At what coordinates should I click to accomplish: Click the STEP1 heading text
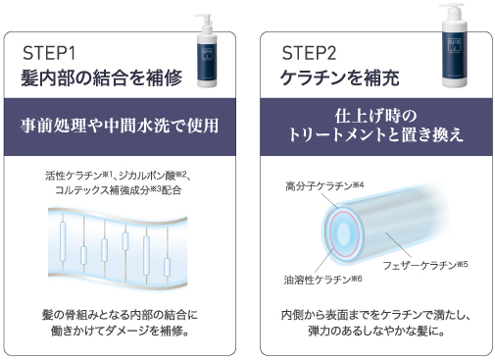point(49,53)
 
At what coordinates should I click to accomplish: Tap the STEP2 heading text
point(309,53)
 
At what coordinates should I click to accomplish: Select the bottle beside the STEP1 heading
point(207,51)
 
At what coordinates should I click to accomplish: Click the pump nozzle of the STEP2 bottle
point(452,7)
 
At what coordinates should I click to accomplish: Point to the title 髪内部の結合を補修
point(102,78)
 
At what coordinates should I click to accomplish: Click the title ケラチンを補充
point(340,78)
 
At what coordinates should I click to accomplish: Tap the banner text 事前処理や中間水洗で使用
point(120,126)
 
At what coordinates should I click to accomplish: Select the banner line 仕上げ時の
point(375,116)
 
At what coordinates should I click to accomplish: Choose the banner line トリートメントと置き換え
point(375,134)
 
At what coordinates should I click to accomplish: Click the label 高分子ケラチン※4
point(324,186)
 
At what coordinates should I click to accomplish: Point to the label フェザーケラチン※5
point(425,265)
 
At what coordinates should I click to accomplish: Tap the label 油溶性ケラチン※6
point(322,280)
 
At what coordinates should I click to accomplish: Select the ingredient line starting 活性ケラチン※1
point(118,176)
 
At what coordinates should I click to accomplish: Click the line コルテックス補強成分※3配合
point(118,190)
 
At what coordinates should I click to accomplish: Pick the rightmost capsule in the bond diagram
point(167,267)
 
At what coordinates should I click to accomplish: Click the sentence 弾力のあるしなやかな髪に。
point(376,332)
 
